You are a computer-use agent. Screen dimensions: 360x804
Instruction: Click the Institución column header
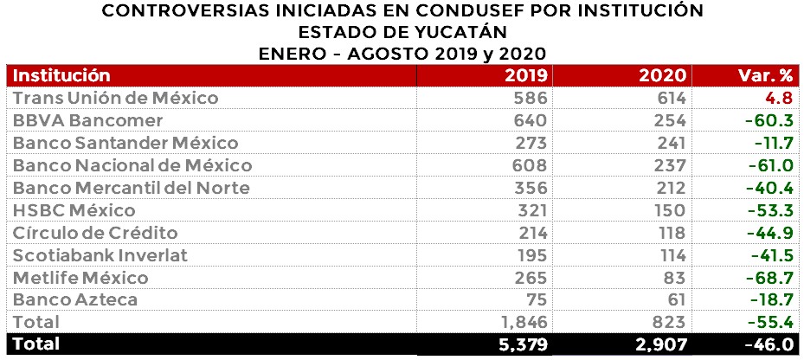(x=61, y=74)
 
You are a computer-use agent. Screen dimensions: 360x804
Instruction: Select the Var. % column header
(x=768, y=74)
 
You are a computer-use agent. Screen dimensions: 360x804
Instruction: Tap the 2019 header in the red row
(x=525, y=74)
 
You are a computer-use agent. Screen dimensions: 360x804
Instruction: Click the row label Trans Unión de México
(x=115, y=98)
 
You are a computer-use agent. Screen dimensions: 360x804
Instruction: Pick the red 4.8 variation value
(x=780, y=98)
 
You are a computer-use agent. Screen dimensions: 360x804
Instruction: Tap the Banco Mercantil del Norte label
(x=132, y=188)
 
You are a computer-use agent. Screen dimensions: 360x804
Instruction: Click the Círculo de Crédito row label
(x=96, y=233)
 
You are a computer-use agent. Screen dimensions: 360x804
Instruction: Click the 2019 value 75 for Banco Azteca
(x=535, y=300)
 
